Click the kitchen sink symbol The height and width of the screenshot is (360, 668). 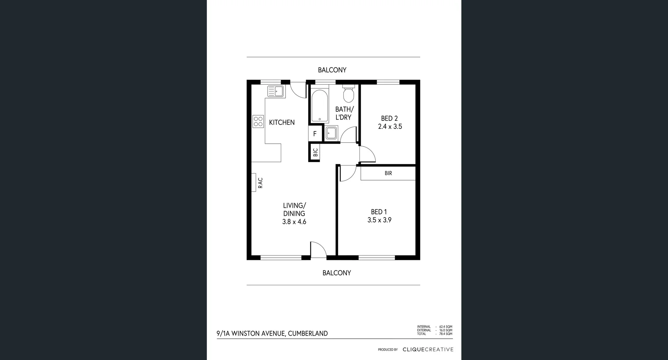coord(276,91)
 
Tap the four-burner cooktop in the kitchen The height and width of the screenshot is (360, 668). coord(258,121)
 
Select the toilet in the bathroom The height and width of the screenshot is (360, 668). coord(348,94)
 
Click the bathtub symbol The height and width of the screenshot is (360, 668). coord(319,106)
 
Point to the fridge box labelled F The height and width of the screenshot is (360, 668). coord(315,134)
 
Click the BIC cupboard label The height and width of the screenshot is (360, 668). coord(315,153)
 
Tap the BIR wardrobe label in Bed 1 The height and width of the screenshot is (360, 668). coord(388,173)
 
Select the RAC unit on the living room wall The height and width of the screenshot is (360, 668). coord(254,183)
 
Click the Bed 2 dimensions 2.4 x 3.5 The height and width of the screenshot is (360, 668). coord(390,127)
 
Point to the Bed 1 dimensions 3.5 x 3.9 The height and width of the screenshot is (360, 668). coord(379,220)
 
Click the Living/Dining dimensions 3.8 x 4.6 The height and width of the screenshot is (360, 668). coord(294,222)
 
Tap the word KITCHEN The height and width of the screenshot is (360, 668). coord(282,122)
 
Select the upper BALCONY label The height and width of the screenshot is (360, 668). coord(332,70)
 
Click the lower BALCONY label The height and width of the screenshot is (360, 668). coord(336,273)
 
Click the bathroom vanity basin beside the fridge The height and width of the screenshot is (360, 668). coord(331,133)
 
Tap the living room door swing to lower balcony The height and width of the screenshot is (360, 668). coord(318,250)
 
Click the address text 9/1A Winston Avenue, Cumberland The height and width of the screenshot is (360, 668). coord(272,334)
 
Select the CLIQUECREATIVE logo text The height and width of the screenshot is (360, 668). coord(428,350)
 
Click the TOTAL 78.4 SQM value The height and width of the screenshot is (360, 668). coord(445,334)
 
